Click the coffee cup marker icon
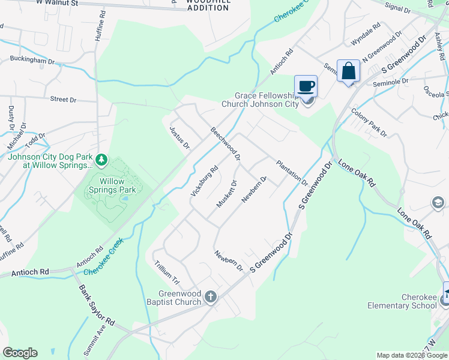(x=306, y=86)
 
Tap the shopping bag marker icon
(x=348, y=71)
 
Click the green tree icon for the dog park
(x=101, y=160)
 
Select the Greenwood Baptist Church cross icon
(x=210, y=296)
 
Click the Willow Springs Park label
(x=112, y=185)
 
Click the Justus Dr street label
(x=179, y=137)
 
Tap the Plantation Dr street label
(x=292, y=173)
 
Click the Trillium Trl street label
(x=167, y=272)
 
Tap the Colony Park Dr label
(x=369, y=121)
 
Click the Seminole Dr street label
(x=391, y=81)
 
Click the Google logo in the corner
(x=20, y=353)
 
